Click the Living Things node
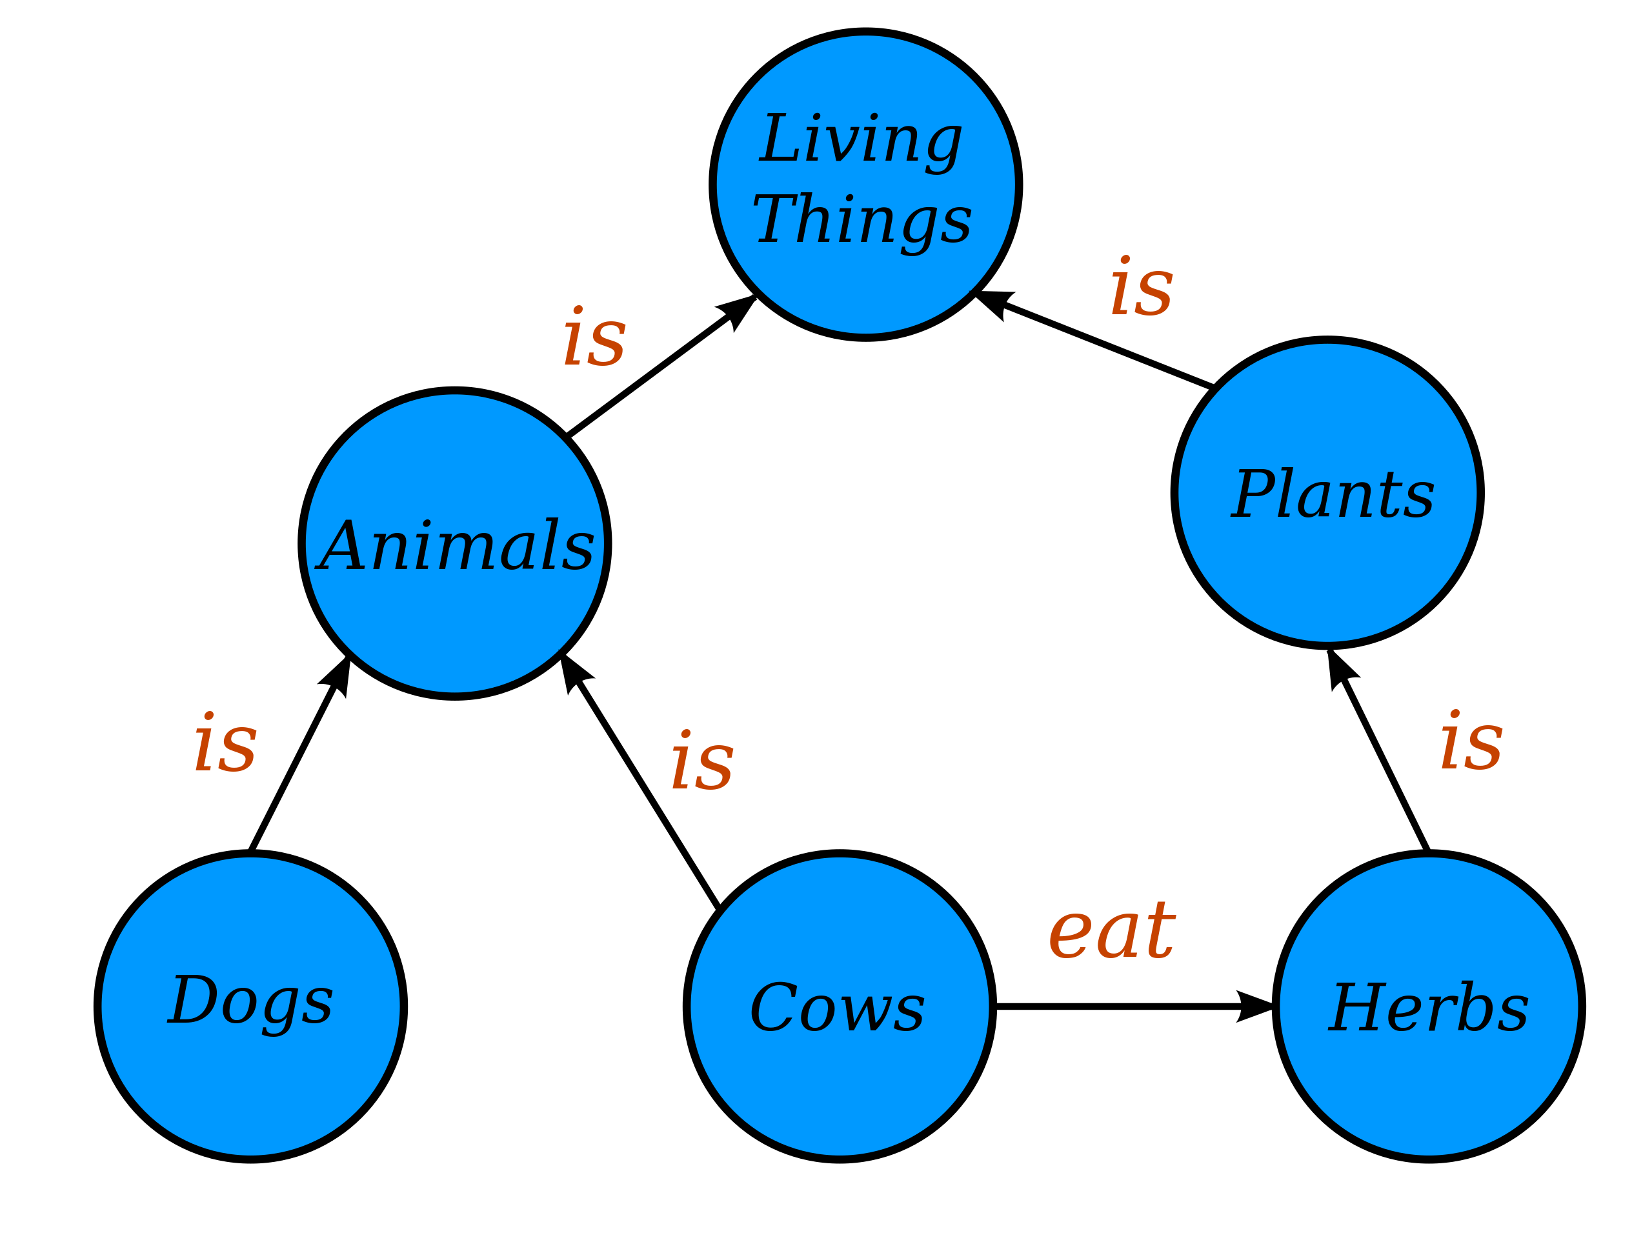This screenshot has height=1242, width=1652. (x=865, y=185)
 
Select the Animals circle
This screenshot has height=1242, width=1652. (x=455, y=544)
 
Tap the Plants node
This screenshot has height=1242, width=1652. (x=1327, y=493)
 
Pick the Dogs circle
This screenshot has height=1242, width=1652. (x=251, y=1007)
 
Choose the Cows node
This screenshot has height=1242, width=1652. (x=840, y=1007)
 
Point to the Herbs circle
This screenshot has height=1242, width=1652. (x=1429, y=1007)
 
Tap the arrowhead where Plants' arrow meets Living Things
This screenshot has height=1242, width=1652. (x=992, y=303)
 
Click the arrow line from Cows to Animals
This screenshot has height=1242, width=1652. (x=640, y=781)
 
